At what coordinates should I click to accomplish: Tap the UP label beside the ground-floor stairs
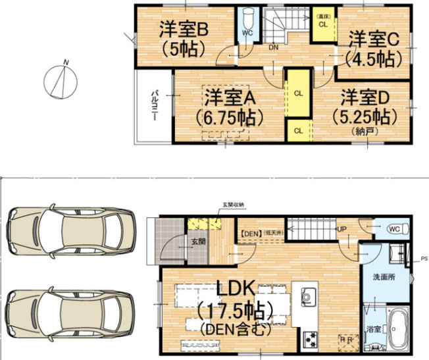pyautogui.click(x=341, y=229)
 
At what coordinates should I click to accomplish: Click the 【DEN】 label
pyautogui.click(x=250, y=233)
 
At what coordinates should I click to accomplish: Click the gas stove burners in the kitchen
pyautogui.click(x=309, y=339)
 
